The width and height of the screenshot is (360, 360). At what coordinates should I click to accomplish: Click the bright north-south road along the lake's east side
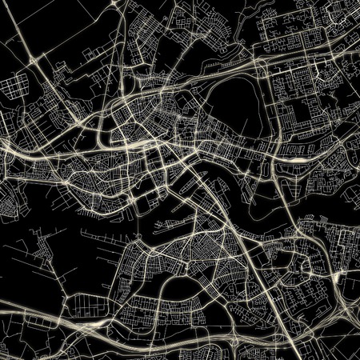pos(271,112)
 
